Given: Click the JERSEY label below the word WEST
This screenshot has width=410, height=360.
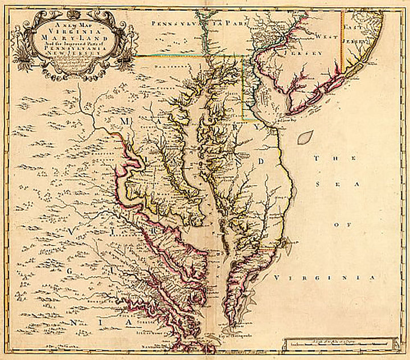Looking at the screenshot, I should (309, 53).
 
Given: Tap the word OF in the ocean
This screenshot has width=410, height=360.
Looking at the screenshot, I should (345, 226).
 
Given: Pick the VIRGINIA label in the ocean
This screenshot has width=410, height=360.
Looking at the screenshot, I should (325, 277).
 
